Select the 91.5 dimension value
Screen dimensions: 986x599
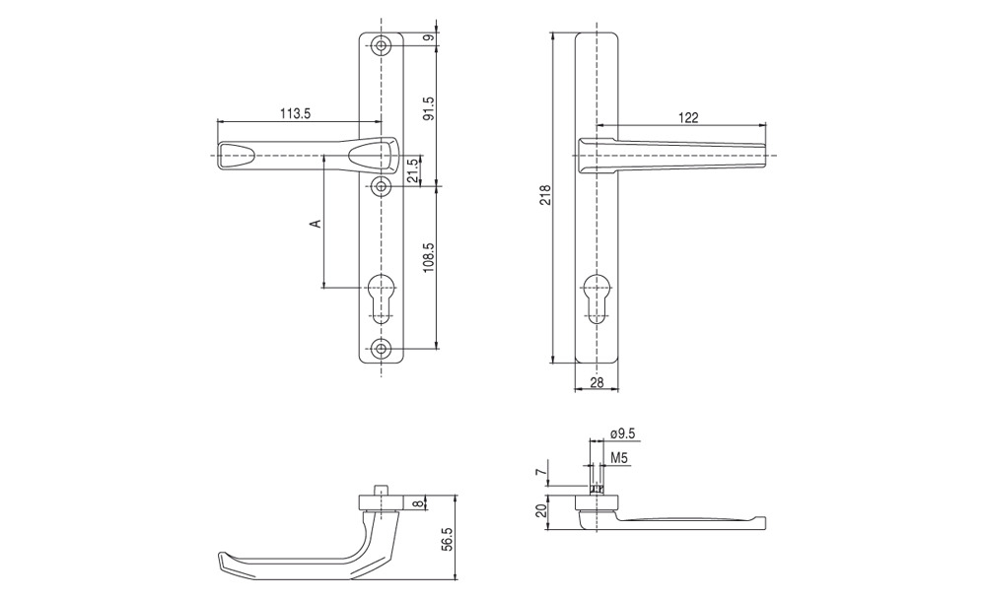pos(429,108)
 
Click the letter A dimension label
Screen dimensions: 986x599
pos(317,223)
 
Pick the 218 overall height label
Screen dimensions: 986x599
pos(545,195)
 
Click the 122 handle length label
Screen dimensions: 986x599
pos(688,117)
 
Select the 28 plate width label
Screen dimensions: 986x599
pos(597,381)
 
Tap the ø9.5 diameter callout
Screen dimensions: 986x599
pos(622,433)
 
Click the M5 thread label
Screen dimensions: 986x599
pos(619,458)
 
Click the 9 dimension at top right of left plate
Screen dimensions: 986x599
pos(429,38)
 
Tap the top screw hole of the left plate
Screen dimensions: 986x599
pos(381,46)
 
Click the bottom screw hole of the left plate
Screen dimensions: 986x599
pos(381,349)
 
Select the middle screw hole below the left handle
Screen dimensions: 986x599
pos(381,186)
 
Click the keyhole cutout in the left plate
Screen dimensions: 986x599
pos(380,299)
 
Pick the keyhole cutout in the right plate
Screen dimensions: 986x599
pos(595,299)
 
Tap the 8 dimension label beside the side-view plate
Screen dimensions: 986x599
pos(416,502)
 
